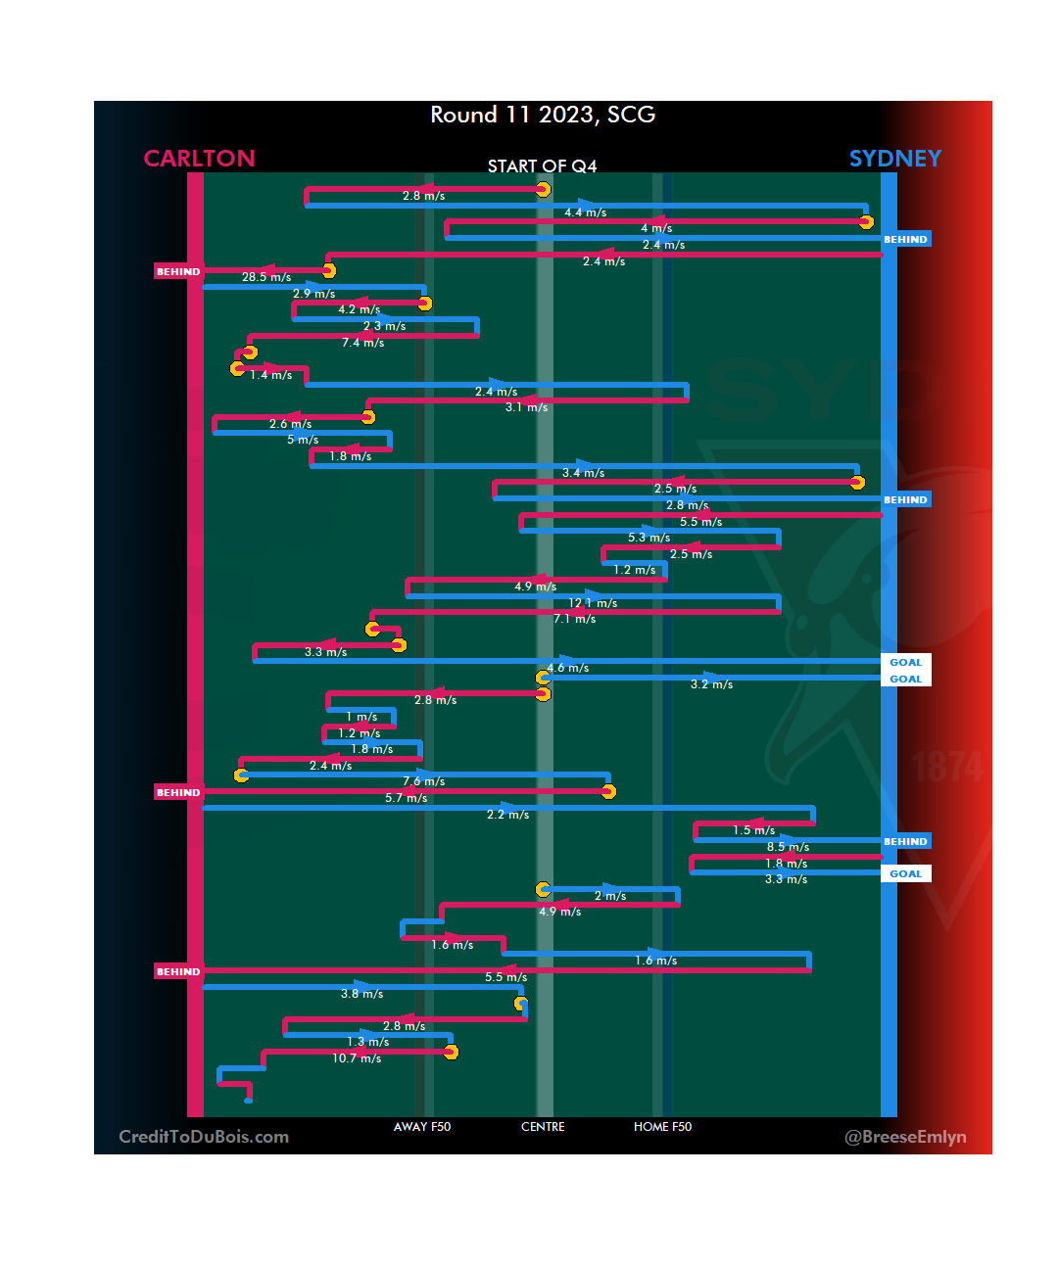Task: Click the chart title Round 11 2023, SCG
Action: (x=543, y=116)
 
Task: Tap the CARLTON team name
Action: (x=199, y=159)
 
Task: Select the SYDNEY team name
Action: (x=894, y=159)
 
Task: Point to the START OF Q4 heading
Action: (x=542, y=166)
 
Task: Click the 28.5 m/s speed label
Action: (x=266, y=277)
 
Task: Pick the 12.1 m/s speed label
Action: (x=593, y=603)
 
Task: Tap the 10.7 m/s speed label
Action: (x=357, y=1058)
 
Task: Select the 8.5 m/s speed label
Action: (x=788, y=847)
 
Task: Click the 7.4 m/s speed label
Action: (x=362, y=343)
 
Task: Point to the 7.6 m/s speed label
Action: (x=423, y=781)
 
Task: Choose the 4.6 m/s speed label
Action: (x=568, y=668)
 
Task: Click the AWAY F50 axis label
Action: (x=422, y=1127)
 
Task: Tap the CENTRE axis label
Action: (x=543, y=1127)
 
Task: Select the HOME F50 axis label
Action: (x=662, y=1127)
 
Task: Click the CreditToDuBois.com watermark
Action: (x=204, y=1137)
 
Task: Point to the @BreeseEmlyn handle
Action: (x=905, y=1137)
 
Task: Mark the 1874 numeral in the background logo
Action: (x=947, y=767)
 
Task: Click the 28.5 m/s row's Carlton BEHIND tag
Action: (x=178, y=271)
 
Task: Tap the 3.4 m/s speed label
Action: (x=583, y=473)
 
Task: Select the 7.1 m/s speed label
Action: (x=574, y=619)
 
